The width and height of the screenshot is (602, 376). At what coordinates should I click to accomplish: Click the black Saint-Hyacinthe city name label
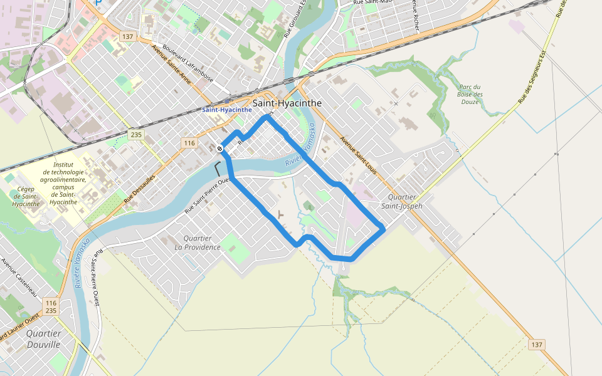click(287, 103)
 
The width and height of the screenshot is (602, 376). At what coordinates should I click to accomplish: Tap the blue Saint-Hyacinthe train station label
click(226, 110)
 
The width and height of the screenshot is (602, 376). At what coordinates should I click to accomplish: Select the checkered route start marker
click(219, 149)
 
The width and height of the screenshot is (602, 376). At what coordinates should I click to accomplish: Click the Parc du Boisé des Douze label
click(470, 94)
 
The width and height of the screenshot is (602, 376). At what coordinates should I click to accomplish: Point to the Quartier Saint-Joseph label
click(401, 202)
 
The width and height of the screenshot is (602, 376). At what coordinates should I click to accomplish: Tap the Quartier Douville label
click(44, 339)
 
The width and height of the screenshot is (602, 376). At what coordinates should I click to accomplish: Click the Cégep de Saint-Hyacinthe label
click(26, 196)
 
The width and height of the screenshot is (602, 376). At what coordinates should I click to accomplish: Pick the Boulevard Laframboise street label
click(187, 63)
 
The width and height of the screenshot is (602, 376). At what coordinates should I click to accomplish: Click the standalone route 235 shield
click(135, 135)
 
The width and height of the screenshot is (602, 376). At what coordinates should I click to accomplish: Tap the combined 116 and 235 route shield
click(51, 306)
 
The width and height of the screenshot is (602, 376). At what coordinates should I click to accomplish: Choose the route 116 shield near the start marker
click(189, 144)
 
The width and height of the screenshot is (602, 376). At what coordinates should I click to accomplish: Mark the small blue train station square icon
click(226, 101)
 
